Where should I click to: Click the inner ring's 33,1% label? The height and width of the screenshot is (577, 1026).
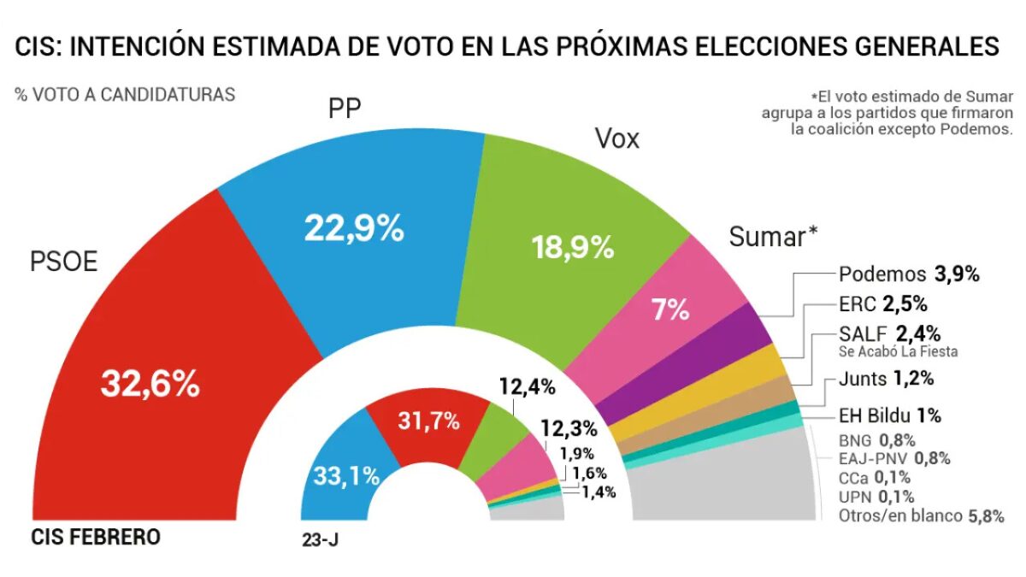345,475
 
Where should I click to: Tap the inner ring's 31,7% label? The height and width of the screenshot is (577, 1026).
428,421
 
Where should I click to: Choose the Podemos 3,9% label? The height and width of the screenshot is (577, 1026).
908,274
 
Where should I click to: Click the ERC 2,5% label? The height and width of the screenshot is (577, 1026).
882,303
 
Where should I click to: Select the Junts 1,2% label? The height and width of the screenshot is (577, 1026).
885,378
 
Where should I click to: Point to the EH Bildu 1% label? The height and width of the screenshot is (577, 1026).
889,416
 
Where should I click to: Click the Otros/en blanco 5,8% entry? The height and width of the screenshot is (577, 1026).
920,515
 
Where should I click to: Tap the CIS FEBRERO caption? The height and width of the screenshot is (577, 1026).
96,538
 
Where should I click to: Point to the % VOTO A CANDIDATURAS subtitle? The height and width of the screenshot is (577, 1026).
125,95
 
